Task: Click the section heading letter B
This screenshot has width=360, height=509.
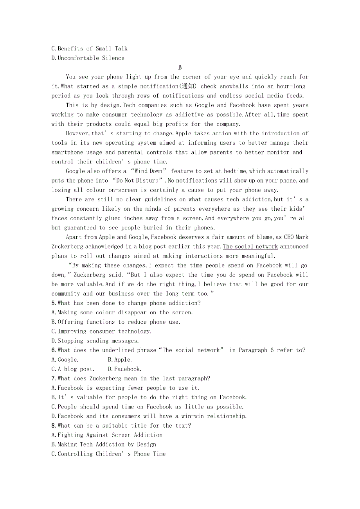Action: pos(180,68)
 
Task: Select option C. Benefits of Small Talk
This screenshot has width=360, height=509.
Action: pos(90,48)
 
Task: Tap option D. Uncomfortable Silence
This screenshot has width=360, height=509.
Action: pos(88,58)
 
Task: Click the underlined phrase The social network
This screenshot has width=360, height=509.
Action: pos(250,247)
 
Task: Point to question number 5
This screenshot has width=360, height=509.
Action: pos(53,303)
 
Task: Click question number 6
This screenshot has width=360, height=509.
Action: pos(53,350)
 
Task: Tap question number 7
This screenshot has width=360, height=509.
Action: pos(53,378)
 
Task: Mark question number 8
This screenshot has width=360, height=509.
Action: pos(53,426)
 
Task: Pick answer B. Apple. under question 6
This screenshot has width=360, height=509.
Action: pos(120,360)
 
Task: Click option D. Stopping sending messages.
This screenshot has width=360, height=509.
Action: pos(95,341)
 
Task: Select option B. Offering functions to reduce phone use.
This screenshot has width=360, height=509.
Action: pos(116,322)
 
